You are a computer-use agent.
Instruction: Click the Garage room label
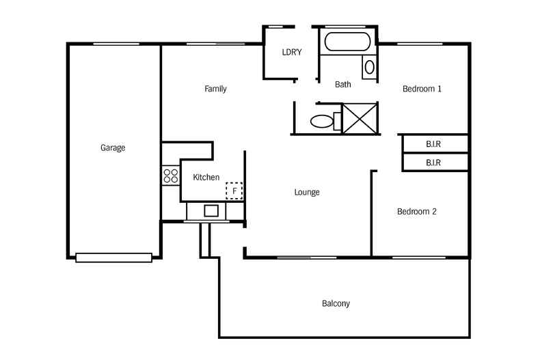click(x=113, y=148)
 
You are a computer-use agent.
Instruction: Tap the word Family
click(x=215, y=89)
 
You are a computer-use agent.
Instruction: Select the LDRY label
click(x=292, y=52)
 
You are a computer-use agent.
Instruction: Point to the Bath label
click(x=343, y=85)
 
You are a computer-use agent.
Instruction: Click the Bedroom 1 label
click(x=422, y=89)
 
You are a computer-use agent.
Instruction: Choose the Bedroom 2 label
click(x=417, y=212)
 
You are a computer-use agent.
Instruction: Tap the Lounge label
click(x=307, y=192)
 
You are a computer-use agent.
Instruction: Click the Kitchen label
click(x=206, y=178)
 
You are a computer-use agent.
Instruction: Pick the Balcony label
click(x=336, y=303)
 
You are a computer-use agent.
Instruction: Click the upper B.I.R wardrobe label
click(x=433, y=144)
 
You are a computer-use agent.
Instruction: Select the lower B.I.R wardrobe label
click(x=433, y=163)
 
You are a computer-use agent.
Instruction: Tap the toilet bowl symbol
click(x=321, y=122)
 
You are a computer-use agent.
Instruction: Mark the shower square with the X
click(x=360, y=117)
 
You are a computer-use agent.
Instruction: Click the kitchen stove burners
click(x=170, y=176)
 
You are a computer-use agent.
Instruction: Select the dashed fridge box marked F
click(x=234, y=191)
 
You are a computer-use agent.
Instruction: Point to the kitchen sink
click(x=211, y=211)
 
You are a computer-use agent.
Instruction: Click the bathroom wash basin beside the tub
click(x=369, y=66)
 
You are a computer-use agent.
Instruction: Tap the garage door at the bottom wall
click(x=113, y=258)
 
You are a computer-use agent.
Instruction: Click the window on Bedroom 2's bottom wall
click(x=419, y=258)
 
